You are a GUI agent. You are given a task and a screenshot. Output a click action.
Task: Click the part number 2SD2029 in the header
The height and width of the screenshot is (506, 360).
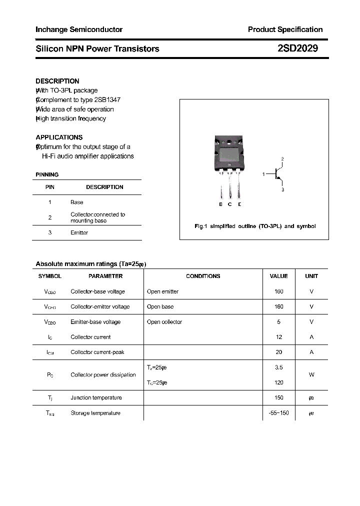tap(297, 48)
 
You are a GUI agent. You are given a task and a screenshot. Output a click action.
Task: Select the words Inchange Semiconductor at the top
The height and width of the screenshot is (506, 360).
tap(79, 29)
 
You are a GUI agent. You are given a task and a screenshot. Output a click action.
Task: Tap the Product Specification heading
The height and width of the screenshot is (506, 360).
tap(285, 29)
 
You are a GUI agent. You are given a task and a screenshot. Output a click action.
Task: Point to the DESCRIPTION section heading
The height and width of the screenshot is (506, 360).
tap(57, 81)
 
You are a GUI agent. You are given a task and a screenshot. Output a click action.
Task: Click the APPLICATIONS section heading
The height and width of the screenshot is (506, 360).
tap(59, 137)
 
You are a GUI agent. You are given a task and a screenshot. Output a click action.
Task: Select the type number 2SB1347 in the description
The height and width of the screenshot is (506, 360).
tap(106, 99)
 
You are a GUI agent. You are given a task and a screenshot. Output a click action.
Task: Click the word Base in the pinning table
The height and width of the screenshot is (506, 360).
tap(77, 202)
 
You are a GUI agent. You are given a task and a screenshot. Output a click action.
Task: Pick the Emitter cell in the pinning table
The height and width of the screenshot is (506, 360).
tap(79, 232)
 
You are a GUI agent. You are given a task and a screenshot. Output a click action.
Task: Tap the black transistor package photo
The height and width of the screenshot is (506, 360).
tap(230, 154)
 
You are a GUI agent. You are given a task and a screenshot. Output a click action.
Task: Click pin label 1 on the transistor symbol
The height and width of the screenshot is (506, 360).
tap(263, 174)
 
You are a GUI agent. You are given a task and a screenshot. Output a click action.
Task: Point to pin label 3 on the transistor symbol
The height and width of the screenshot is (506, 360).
tap(282, 190)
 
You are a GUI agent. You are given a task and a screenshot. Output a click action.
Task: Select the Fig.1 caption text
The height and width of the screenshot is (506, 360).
tap(255, 226)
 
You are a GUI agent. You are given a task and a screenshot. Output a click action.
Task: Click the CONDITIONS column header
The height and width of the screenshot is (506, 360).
tap(203, 276)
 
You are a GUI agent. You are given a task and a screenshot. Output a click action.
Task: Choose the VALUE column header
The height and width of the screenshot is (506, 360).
tap(278, 276)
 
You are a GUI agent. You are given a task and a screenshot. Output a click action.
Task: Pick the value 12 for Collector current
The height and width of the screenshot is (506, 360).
tap(279, 337)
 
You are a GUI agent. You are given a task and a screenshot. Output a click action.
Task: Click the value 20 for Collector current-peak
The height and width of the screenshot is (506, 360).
tap(279, 352)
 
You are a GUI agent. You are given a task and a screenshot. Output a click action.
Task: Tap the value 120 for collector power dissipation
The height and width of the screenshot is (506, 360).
tap(279, 382)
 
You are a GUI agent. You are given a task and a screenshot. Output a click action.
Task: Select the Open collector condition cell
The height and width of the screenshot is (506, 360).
tap(164, 321)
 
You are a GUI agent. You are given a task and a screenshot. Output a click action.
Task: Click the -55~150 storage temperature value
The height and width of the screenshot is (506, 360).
tap(278, 413)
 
